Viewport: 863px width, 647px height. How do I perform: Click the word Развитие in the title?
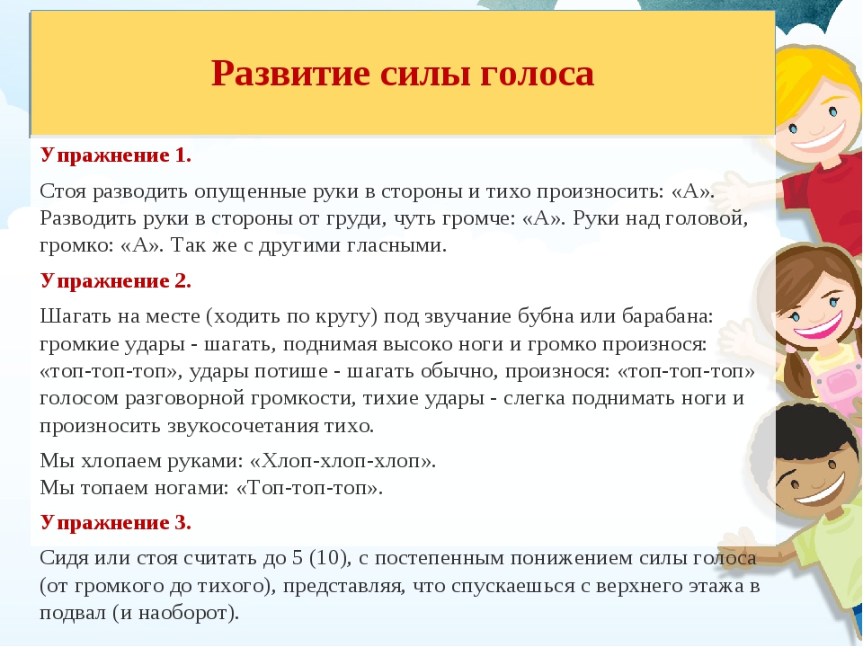[x=290, y=73]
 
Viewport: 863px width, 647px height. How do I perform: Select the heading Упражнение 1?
[x=116, y=156]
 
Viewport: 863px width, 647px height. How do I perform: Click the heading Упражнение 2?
[x=116, y=281]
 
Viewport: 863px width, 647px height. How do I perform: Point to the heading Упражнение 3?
[x=116, y=523]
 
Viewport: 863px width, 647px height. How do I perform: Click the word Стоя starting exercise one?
[x=63, y=192]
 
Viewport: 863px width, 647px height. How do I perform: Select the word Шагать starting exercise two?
[x=74, y=317]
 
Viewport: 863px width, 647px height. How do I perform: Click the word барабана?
[x=668, y=317]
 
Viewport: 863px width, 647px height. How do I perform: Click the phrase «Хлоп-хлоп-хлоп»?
[x=343, y=461]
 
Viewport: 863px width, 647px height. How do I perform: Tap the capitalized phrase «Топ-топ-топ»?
[x=309, y=488]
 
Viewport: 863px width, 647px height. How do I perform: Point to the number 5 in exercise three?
[x=298, y=558]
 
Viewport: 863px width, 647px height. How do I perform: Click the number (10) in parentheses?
[x=330, y=558]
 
